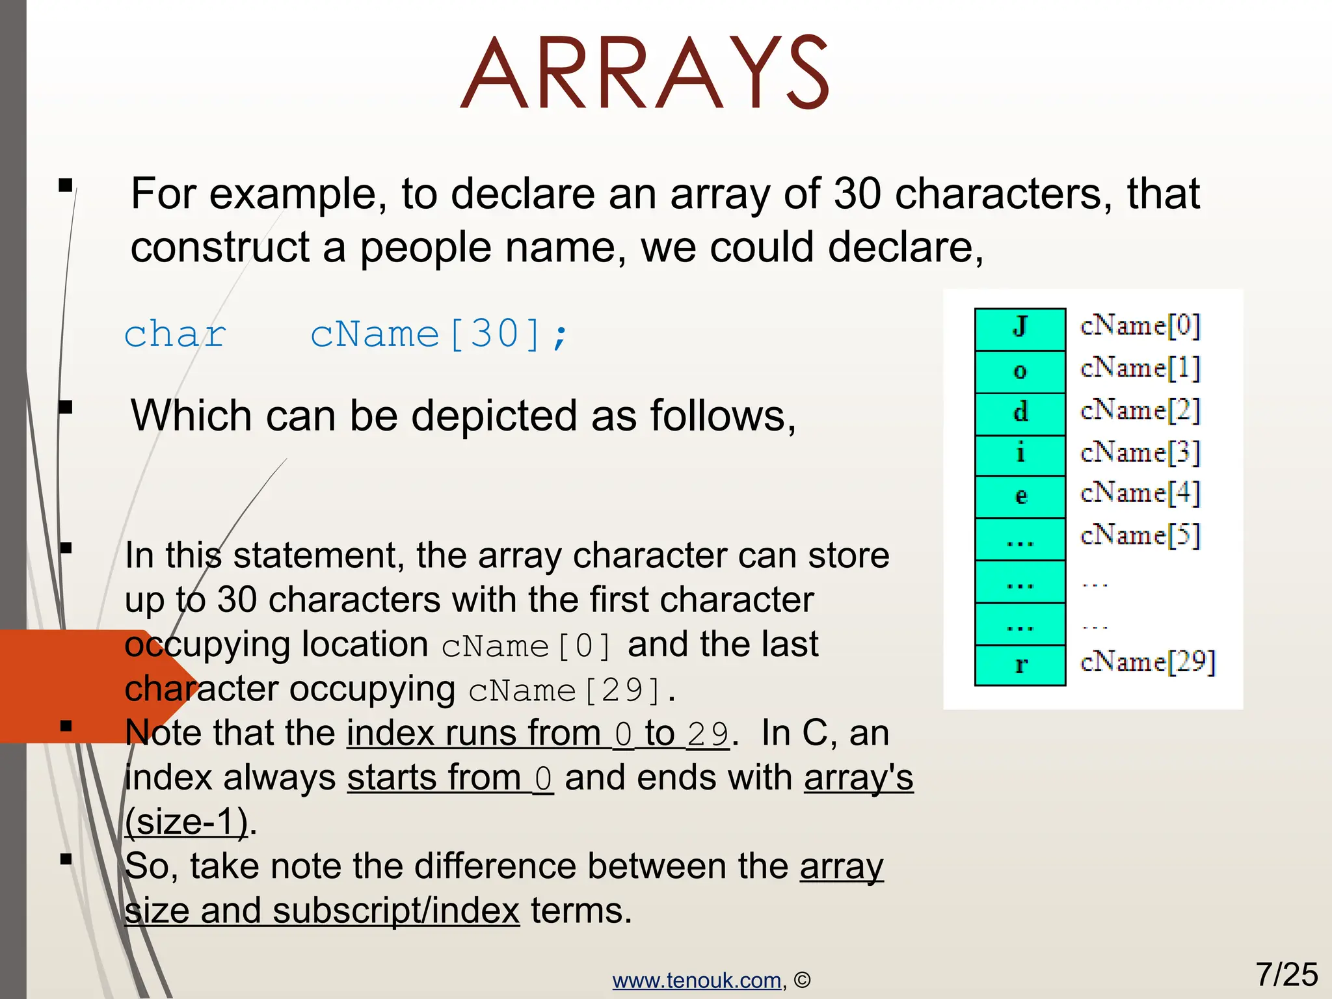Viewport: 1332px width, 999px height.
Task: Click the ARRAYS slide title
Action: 645,73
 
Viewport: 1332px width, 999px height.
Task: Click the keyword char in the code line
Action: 175,334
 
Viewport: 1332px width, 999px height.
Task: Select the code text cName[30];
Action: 440,334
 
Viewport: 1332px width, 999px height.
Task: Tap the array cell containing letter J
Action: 1020,329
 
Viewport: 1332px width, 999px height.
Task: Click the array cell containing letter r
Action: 1020,665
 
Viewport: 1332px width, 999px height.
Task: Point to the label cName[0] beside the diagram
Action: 1140,325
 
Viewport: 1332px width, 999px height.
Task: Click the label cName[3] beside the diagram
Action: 1140,452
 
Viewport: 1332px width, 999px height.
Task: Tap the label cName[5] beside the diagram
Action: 1140,535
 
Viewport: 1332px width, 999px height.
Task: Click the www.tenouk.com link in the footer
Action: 697,980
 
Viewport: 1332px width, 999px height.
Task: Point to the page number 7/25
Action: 1286,974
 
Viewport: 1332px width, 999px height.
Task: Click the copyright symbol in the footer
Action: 803,980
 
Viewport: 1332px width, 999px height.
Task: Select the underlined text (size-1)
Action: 187,822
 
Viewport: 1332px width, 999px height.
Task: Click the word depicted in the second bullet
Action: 494,416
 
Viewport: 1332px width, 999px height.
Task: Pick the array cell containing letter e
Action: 1020,497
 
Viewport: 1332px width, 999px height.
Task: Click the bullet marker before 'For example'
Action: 65,186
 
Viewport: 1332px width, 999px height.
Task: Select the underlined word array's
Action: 859,778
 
